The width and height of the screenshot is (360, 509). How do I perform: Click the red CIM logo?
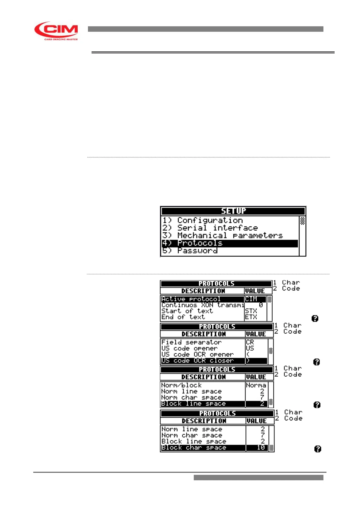pos(56,31)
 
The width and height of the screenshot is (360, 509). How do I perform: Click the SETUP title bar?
pos(233,211)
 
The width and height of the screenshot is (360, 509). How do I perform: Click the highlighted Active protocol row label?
pos(191,299)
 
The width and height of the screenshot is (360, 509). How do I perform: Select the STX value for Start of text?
pos(251,311)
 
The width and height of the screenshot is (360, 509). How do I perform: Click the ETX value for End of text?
pos(251,317)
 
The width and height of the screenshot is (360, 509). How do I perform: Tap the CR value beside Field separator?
pos(250,342)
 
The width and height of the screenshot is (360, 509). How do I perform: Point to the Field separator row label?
pos(191,342)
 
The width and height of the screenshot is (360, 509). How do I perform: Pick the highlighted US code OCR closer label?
pos(198,361)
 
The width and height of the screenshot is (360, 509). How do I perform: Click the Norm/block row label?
pos(181,385)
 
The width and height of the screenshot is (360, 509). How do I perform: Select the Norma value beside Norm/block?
pos(256,385)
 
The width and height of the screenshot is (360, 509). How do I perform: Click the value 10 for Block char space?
pos(261,448)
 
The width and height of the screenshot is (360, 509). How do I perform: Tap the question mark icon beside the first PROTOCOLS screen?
pos(315,318)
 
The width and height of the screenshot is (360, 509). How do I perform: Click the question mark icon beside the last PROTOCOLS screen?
pos(318,449)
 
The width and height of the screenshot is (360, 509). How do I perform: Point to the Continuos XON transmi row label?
pos(203,305)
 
